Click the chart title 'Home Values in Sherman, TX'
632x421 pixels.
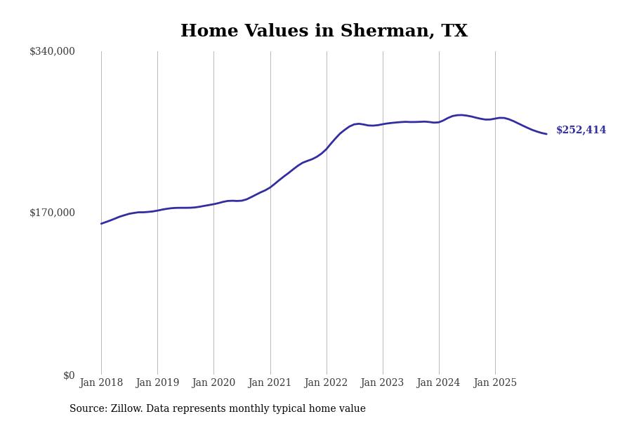[324, 32]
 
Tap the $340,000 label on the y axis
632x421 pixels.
[52, 51]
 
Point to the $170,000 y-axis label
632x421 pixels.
[52, 213]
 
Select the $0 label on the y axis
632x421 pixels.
[69, 375]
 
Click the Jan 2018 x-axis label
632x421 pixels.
[101, 383]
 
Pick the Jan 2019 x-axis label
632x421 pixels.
[157, 383]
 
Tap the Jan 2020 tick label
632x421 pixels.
[213, 383]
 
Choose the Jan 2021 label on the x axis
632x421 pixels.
[270, 383]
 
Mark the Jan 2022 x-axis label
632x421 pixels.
[327, 383]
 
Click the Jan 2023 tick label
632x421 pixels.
[383, 383]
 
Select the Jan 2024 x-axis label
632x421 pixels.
[439, 383]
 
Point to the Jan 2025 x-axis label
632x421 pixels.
[495, 383]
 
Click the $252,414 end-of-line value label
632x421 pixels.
[581, 131]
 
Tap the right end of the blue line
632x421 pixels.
[546, 134]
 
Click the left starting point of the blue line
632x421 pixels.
[101, 224]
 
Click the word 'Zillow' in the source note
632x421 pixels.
[127, 409]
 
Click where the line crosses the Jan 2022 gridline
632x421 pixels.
[327, 148]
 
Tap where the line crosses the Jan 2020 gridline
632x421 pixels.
[213, 204]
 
